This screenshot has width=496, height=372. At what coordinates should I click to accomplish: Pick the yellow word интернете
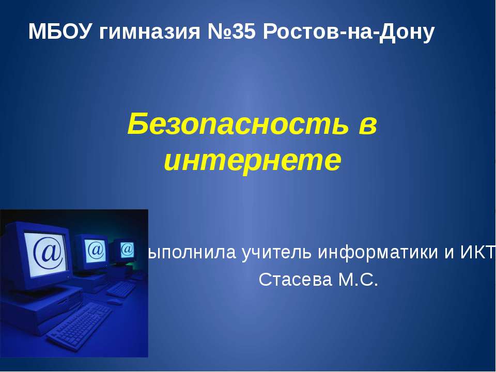click(x=253, y=160)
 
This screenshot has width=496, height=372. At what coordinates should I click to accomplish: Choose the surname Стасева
click(x=296, y=280)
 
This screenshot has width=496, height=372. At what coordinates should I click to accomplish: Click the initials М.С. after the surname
click(x=358, y=280)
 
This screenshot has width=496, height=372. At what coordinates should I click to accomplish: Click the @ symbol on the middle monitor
click(x=96, y=250)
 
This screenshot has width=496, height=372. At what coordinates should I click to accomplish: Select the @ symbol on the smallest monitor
click(x=127, y=249)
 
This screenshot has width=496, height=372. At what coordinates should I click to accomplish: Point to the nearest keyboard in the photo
click(x=79, y=327)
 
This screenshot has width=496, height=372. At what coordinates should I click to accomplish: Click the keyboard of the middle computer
click(x=121, y=289)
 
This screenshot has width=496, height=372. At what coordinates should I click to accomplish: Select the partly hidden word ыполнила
click(x=192, y=252)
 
